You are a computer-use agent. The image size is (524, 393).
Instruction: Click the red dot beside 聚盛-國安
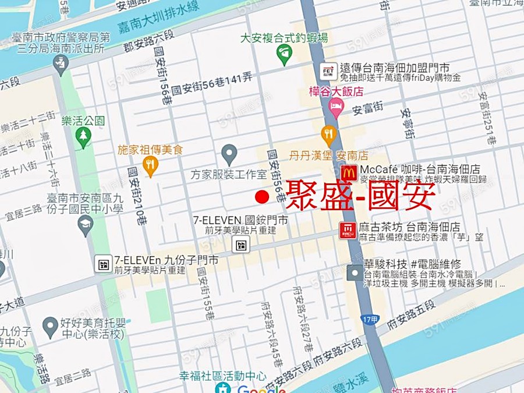tap(262, 197)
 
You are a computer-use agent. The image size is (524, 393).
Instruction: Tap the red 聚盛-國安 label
tap(360, 195)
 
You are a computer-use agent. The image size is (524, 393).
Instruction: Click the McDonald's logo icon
tap(349, 172)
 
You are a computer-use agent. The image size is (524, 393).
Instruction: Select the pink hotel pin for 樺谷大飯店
tap(336, 106)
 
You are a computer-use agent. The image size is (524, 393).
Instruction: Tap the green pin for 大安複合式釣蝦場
tap(284, 55)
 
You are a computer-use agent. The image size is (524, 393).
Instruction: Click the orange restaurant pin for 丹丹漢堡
tap(329, 135)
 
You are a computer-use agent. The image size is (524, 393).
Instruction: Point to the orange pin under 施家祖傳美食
tap(150, 166)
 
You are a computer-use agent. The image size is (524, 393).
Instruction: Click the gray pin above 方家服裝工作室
tap(229, 154)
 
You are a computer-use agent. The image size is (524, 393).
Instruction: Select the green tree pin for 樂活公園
tap(84, 137)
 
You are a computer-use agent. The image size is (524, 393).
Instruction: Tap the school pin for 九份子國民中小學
tap(86, 225)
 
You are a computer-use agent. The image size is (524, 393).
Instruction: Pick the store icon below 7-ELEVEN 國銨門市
tap(240, 245)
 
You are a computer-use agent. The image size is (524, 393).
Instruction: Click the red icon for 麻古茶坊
tap(348, 230)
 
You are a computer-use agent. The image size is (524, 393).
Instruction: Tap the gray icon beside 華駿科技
tap(355, 272)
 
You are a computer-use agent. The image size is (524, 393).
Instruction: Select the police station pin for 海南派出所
tap(61, 64)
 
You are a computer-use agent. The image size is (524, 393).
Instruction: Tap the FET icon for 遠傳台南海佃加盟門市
tap(328, 71)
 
